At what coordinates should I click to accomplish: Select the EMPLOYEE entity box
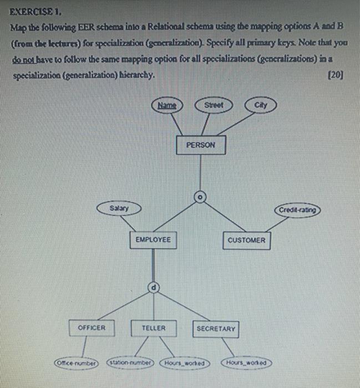pos(153,240)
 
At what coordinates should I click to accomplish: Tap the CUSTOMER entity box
pos(246,240)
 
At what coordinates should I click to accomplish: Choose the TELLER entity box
pos(153,328)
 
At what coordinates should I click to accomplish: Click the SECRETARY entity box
pos(216,329)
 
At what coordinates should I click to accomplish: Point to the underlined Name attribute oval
pos(166,105)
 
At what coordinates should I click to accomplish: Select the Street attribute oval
pos(213,105)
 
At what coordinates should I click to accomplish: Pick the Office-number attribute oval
pos(75,363)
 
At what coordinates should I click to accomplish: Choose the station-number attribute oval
pos(131,363)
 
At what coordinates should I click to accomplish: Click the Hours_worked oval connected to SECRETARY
pos(247,363)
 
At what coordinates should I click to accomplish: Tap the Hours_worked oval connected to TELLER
pos(185,364)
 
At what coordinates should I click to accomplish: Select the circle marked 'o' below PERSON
pos(201,196)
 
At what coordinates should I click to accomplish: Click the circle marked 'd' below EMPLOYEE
pos(153,287)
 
